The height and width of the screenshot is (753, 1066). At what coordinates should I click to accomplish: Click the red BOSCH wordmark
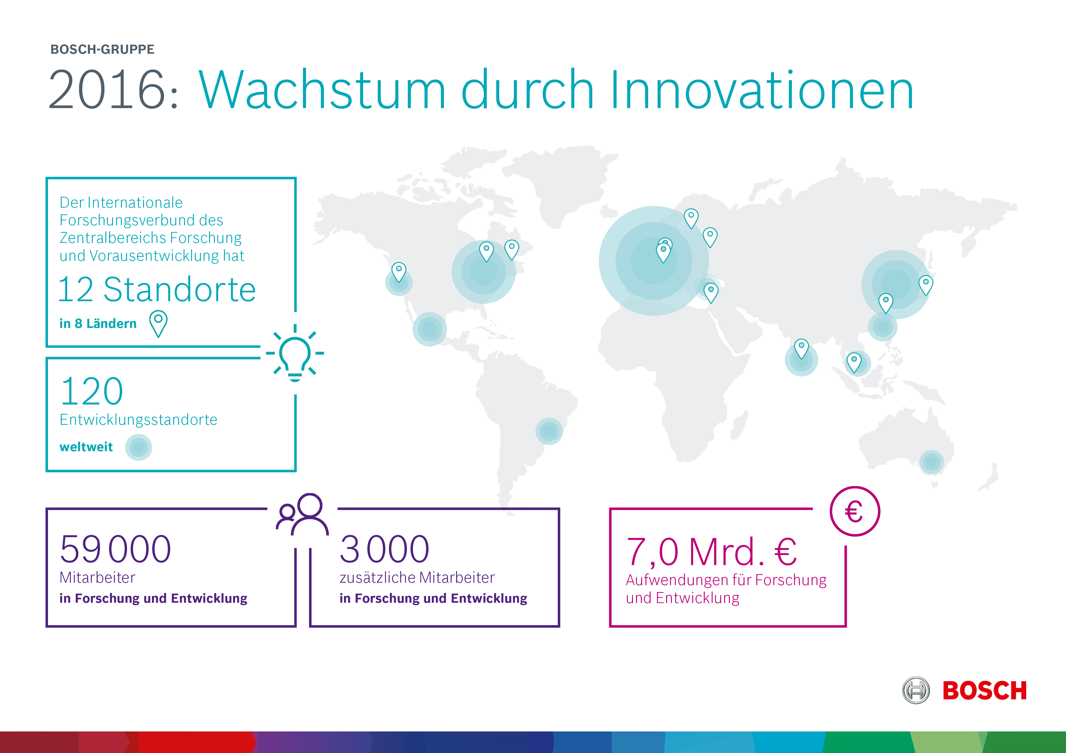pos(984,690)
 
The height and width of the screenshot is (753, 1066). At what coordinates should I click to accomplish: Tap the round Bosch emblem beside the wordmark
pos(916,690)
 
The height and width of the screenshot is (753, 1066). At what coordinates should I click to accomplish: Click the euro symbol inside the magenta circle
pos(854,512)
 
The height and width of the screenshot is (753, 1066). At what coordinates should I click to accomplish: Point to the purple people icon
pos(302,514)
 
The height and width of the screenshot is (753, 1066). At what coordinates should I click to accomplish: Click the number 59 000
pos(115,549)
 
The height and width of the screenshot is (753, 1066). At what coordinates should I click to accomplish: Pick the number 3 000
pos(384,549)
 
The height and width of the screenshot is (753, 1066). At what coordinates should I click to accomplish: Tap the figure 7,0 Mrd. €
pos(711,552)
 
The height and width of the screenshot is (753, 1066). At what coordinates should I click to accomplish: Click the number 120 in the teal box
pos(92,391)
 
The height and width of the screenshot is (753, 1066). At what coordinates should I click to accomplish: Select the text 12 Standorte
pos(157,289)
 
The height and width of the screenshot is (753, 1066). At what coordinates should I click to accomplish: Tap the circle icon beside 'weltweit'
pos(138,447)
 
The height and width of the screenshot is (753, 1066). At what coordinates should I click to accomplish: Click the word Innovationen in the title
pos(762,90)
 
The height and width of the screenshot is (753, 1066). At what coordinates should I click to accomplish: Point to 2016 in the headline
pos(107,90)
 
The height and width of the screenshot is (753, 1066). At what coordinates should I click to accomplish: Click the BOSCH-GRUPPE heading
pos(102,49)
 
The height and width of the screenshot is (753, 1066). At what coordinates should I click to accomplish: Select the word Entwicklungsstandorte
pos(138,419)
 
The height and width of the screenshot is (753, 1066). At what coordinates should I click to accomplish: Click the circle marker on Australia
pos(931,462)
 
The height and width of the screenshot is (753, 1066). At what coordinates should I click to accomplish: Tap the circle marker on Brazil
pos(549,431)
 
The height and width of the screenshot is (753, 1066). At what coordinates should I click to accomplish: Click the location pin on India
pos(801,349)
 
